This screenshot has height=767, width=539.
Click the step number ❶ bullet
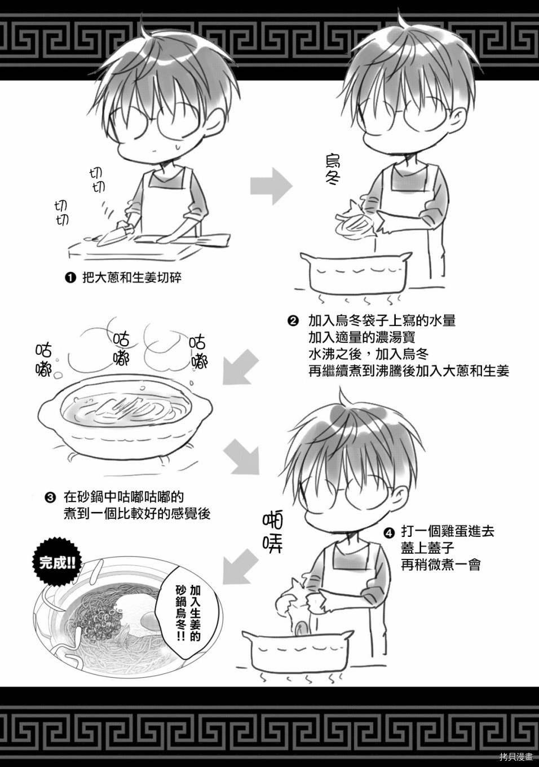70,277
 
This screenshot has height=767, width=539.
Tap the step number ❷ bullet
293,321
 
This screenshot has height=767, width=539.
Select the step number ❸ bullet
50,497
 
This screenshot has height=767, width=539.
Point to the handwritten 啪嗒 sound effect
273,534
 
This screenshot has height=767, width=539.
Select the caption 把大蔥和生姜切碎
132,277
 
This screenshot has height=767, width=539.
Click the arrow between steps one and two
271,186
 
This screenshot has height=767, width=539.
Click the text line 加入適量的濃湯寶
362,338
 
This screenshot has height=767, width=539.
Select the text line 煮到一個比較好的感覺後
137,514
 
